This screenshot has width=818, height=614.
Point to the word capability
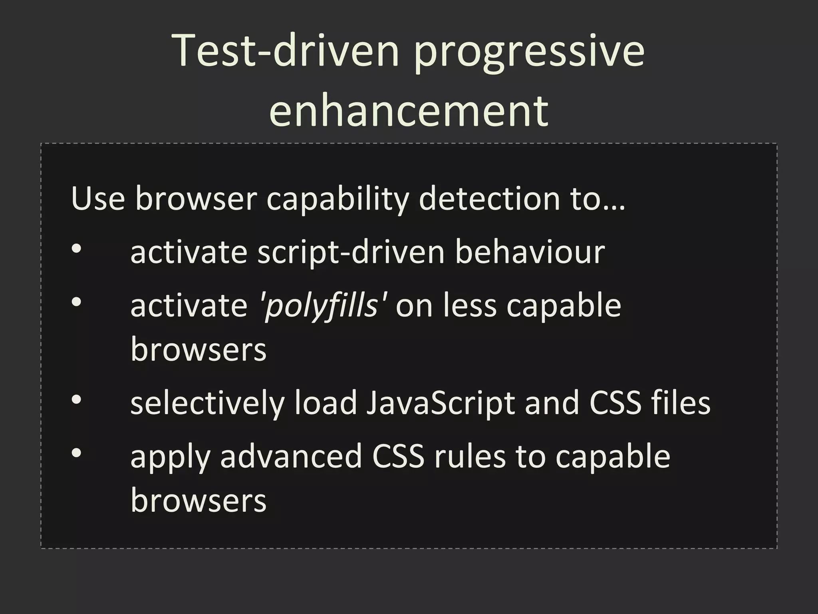338,200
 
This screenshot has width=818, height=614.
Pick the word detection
489,199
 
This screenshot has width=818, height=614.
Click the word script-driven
351,253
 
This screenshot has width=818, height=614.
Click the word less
470,306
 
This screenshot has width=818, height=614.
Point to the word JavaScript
440,404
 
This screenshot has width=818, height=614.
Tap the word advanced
291,457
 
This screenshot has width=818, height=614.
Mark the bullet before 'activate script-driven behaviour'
77,249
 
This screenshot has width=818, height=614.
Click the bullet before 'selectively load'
77,399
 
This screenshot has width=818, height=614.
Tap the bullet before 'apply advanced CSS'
77,453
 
